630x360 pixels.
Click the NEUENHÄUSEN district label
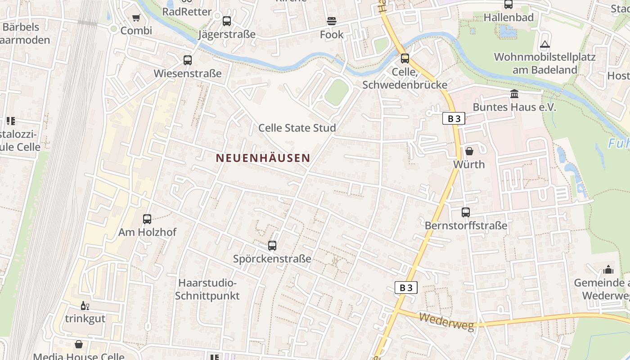click(263, 158)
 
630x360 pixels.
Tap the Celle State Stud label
click(297, 128)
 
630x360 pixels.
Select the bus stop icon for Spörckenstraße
click(272, 246)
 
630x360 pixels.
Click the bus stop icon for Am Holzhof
click(147, 219)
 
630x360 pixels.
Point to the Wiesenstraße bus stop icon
click(188, 60)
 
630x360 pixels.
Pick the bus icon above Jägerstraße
click(227, 21)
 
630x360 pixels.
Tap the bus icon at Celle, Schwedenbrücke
click(405, 58)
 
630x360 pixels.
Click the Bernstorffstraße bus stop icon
click(466, 212)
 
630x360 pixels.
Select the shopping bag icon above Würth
click(469, 151)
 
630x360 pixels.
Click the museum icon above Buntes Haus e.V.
click(514, 94)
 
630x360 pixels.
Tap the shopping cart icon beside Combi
click(136, 18)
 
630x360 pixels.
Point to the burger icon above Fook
click(332, 21)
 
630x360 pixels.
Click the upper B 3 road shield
click(454, 119)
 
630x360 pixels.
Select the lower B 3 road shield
click(406, 288)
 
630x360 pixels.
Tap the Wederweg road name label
click(447, 322)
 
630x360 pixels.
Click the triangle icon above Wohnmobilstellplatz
click(545, 45)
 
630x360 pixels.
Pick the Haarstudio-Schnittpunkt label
click(207, 289)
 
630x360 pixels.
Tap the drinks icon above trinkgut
click(85, 306)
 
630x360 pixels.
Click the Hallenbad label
click(508, 18)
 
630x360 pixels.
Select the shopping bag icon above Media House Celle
click(79, 345)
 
